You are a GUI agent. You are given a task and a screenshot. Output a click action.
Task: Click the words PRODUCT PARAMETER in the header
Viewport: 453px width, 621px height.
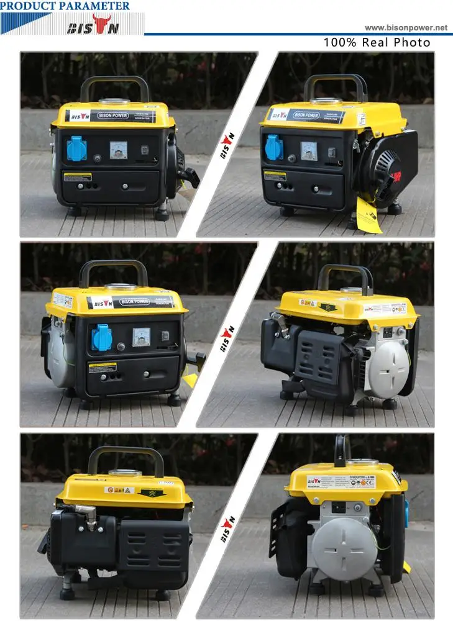pos(65,6)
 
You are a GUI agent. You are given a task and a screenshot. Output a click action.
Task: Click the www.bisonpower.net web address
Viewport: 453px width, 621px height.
pos(406,27)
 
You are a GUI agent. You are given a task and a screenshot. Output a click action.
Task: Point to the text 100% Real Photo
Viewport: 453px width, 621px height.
pos(377,43)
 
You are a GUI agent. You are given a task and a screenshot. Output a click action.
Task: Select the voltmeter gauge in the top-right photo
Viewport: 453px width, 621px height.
pos(309,150)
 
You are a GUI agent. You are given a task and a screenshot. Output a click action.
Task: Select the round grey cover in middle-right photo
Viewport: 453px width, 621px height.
pos(389,369)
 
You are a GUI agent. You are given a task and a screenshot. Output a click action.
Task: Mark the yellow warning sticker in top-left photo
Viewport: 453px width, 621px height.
pos(78,178)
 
